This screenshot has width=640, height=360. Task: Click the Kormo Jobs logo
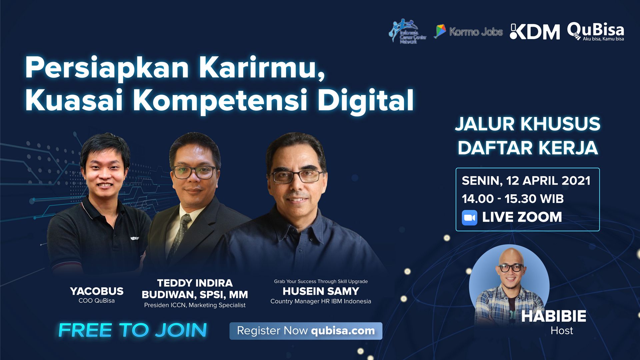tap(468, 32)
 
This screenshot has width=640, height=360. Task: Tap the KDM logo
tap(535, 32)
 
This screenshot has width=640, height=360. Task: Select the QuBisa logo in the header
tap(596, 32)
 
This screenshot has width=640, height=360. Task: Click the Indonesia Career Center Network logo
tap(407, 31)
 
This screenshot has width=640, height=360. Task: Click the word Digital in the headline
tap(366, 100)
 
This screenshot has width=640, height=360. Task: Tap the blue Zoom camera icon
tap(469, 218)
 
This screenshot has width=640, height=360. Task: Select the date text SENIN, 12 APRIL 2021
tap(526, 181)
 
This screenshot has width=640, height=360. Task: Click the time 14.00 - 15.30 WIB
tap(513, 199)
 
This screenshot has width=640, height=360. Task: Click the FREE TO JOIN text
tap(133, 330)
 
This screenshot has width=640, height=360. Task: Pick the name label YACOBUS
tap(97, 291)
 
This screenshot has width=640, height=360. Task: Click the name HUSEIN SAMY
tap(321, 291)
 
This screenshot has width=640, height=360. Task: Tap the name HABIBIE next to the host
tap(554, 316)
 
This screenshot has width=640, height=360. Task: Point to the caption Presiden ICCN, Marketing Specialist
tap(195, 305)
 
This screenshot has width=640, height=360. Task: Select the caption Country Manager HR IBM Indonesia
tap(321, 301)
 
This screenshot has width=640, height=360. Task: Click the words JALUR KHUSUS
tap(528, 124)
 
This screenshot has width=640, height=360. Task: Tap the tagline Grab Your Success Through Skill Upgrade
tap(321, 282)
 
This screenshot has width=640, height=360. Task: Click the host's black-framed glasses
tap(511, 268)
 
